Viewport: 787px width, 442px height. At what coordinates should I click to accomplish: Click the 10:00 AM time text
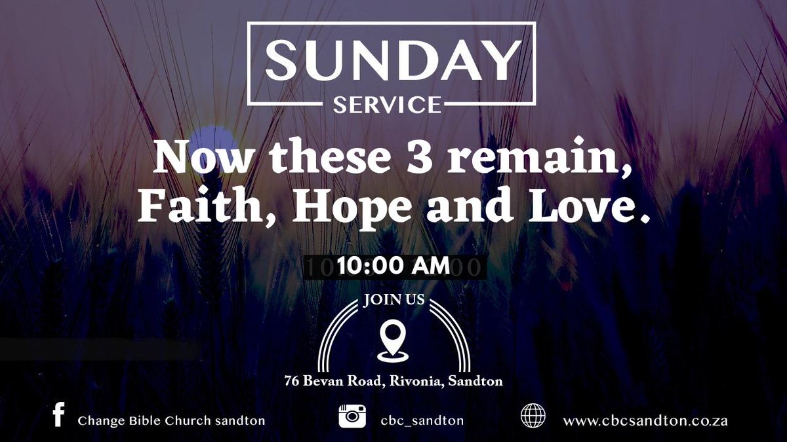393,267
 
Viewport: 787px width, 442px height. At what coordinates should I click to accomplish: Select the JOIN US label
393,302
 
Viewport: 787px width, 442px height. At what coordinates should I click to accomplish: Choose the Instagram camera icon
352,416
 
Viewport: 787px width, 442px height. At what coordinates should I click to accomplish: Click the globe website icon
532,416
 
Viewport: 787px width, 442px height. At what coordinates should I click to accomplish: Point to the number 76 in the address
292,380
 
